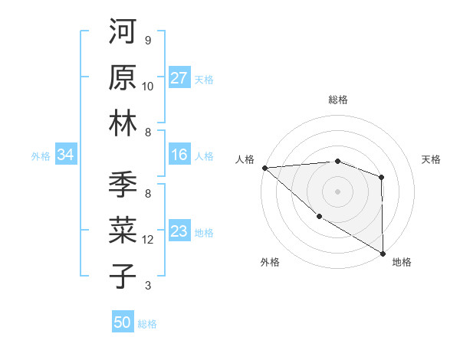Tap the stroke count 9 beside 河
(147, 41)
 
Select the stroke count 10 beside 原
(148, 87)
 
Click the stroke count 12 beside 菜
(148, 240)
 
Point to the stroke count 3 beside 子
(147, 286)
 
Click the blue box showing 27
(179, 78)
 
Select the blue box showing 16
(179, 155)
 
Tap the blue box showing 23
(179, 231)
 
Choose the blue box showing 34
(65, 155)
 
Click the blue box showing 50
(123, 322)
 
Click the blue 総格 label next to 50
(147, 324)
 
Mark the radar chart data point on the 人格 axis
(264, 168)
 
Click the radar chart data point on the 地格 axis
(382, 253)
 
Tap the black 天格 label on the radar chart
(431, 159)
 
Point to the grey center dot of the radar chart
(337, 191)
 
